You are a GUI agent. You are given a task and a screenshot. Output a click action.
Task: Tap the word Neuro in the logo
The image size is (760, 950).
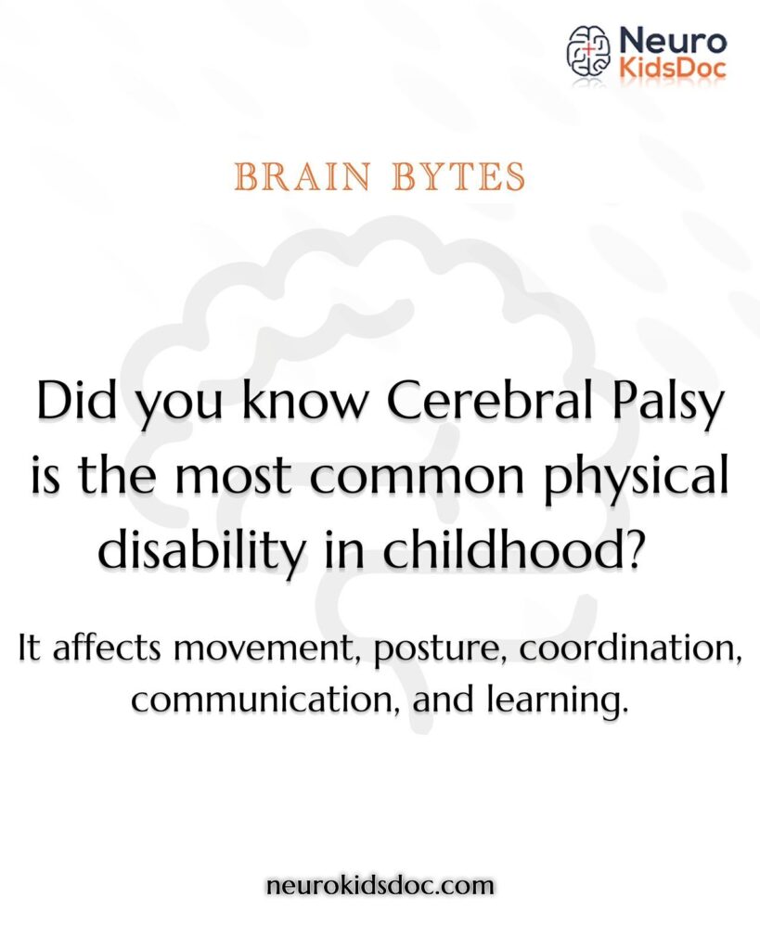click(671, 40)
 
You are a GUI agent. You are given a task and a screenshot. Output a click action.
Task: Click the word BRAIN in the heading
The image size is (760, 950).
click(296, 176)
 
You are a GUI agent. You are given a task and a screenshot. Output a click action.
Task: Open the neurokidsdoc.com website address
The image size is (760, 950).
click(380, 886)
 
